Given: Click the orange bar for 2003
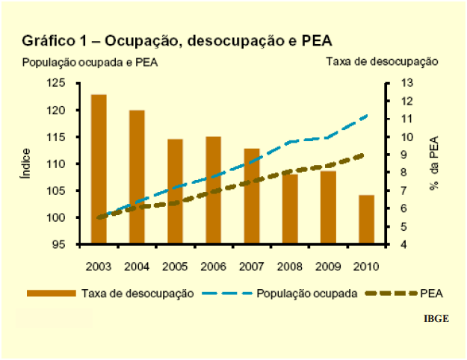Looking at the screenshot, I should [99, 169].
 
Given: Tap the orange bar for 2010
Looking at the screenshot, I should [366, 220].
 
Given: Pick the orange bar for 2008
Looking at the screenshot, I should [290, 208].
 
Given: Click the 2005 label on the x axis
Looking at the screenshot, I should [175, 266].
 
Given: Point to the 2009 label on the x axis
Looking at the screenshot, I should [328, 266].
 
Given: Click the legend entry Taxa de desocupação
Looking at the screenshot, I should [137, 292].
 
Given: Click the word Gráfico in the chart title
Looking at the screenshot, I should [49, 40].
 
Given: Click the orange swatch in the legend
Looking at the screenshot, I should [52, 292].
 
